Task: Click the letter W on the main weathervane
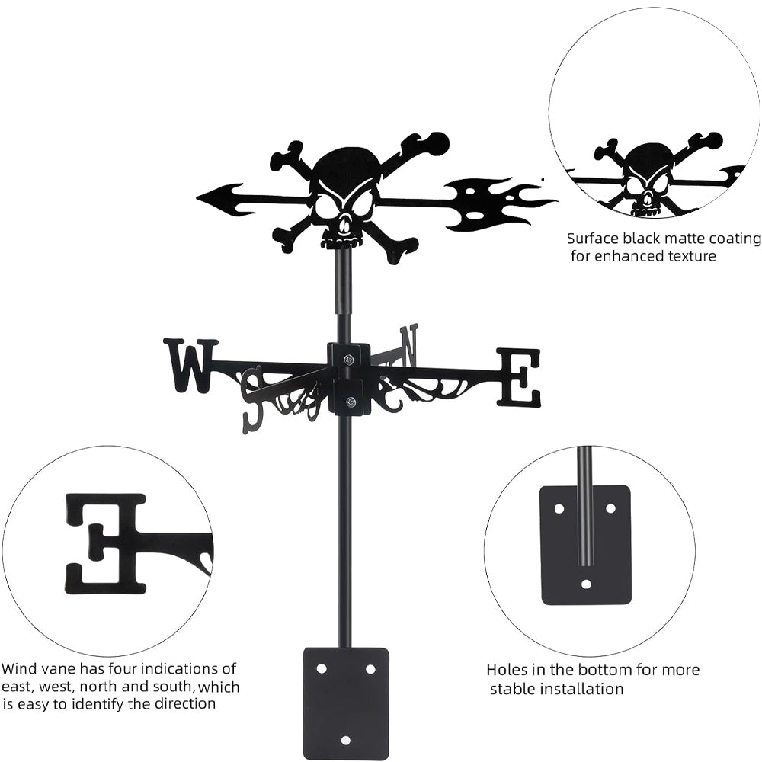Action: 190,366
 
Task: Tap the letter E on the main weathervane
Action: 519,376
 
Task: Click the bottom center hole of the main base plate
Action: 345,739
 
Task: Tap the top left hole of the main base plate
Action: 322,668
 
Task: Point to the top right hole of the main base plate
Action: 370,668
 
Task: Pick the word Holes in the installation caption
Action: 507,671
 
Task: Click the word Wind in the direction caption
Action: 18,670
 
